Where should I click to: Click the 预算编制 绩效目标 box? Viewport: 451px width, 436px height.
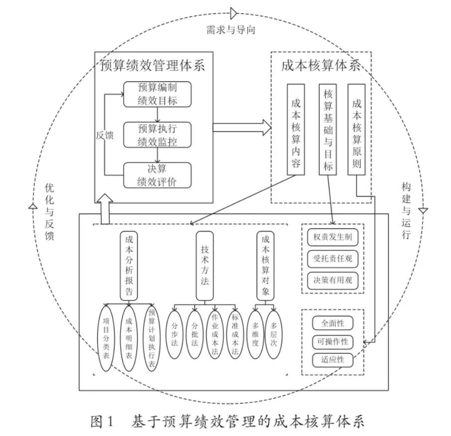(157, 94)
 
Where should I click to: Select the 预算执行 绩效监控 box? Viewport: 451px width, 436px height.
(157, 135)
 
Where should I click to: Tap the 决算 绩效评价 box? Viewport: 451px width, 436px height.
(157, 176)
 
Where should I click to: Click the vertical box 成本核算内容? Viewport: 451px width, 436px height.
(296, 130)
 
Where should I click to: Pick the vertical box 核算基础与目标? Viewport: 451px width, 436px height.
(327, 130)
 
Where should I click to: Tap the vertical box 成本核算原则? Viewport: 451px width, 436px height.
(356, 130)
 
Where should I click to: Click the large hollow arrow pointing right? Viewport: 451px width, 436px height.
(242, 128)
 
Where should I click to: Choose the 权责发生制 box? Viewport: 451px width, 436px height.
(333, 236)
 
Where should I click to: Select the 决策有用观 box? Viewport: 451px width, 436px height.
(333, 280)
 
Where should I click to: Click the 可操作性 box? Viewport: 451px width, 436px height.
(332, 342)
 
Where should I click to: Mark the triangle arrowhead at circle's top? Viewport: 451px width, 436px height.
(233, 13)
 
